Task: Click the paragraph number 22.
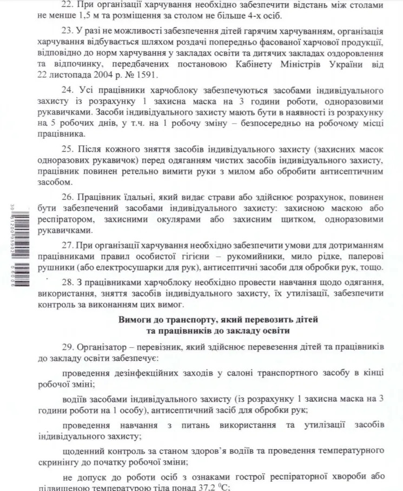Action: point(68,4)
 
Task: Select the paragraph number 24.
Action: point(68,89)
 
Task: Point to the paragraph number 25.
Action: point(68,149)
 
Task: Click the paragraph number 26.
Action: point(68,197)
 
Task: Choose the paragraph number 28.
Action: point(68,282)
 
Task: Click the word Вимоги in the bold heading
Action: point(134,320)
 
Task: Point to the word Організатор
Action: point(102,345)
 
